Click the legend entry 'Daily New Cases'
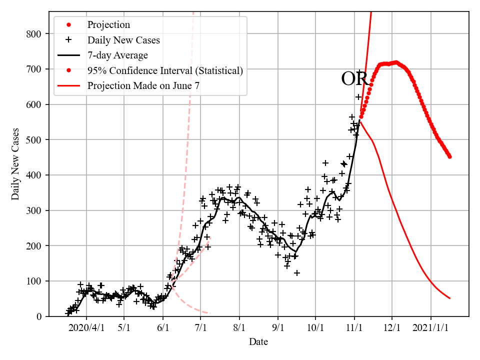pos(123,40)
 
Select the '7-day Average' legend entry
pos(117,55)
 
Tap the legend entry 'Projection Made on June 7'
pos(143,85)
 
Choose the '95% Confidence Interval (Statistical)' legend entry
pos(165,70)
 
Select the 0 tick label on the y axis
pos(38,316)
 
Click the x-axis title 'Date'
pos(258,342)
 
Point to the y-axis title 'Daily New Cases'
pos(15,164)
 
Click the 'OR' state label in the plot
pos(354,79)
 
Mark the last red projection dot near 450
pos(449,156)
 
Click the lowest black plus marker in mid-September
pos(297,273)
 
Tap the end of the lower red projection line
pos(450,298)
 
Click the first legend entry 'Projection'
pos(108,25)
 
